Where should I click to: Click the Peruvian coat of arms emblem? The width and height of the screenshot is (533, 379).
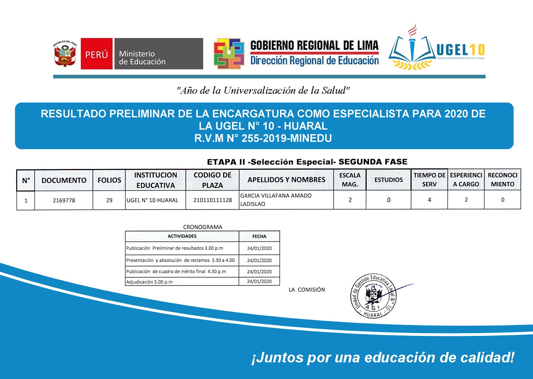[65, 53]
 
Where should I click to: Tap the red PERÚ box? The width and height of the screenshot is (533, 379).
[96, 54]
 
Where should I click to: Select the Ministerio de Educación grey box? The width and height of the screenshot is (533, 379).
[158, 54]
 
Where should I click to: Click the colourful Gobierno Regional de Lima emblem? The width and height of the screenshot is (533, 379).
[229, 54]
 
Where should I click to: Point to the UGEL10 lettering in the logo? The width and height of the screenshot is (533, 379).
[461, 50]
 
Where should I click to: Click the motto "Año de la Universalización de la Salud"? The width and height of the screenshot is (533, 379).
[263, 91]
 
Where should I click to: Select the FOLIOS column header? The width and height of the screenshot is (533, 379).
[109, 180]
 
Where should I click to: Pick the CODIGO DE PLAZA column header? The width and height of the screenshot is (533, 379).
[212, 180]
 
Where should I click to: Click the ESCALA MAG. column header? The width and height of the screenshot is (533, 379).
[350, 180]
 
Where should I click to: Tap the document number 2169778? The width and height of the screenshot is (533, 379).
[64, 200]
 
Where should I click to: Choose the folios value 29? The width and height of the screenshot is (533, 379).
[109, 200]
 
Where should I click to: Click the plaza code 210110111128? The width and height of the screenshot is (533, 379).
[212, 200]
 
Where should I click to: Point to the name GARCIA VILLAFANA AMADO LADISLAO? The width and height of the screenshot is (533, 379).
[276, 200]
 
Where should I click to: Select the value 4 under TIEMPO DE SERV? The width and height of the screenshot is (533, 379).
[429, 200]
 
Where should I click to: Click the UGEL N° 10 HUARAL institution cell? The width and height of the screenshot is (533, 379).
[153, 200]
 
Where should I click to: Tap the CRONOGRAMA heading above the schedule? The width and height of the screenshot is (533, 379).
[202, 227]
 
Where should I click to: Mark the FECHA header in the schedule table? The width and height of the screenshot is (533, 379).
[259, 236]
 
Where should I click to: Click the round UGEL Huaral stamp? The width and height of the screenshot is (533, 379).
[373, 296]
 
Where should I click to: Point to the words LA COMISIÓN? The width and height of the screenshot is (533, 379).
[307, 290]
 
